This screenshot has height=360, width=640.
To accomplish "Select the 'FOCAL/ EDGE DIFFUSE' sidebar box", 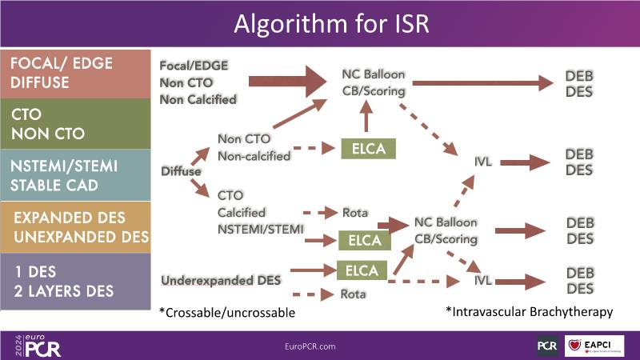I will point(75,73).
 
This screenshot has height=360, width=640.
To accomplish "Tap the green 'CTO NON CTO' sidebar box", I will point(75,125).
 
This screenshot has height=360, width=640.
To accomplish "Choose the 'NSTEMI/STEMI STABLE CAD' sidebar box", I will point(75,175).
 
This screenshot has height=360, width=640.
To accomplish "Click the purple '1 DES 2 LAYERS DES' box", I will point(75,280).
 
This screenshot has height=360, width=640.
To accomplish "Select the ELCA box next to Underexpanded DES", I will point(362,270).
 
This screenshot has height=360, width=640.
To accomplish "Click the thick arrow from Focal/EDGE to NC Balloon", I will point(287,81).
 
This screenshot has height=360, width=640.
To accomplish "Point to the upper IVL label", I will point(482,162).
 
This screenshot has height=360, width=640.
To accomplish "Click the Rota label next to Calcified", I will point(354,213).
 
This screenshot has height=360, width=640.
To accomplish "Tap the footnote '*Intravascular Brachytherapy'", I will point(530,310).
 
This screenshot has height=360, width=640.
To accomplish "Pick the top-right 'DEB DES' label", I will point(578,84).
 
